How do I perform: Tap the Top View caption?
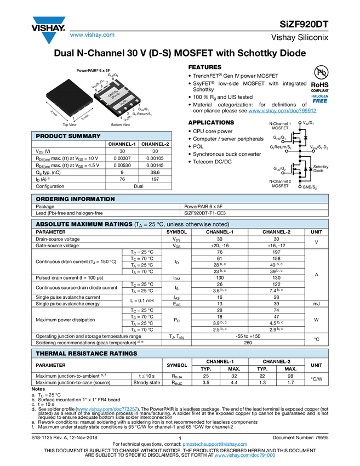point(69,125)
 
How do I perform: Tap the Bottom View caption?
point(120,125)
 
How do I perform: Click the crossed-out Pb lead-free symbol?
point(319,73)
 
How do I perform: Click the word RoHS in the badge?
point(319,85)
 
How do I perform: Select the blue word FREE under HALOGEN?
point(319,101)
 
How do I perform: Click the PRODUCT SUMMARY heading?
point(68,136)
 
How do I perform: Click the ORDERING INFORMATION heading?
point(75,199)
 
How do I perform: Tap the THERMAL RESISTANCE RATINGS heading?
point(86,354)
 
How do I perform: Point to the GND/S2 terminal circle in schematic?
point(299,187)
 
